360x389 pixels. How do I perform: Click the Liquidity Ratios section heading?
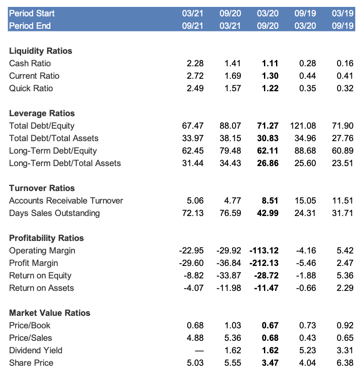point(40,51)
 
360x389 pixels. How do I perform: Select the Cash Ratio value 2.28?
point(195,63)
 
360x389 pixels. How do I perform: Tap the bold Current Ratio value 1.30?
point(270,76)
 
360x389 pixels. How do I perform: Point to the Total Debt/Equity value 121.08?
point(303,126)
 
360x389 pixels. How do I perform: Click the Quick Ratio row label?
point(31,88)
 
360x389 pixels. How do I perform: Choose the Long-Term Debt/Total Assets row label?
point(65,163)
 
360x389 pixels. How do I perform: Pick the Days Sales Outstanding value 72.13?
point(192,213)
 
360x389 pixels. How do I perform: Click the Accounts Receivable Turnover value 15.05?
point(305,201)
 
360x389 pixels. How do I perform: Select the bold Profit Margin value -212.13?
point(264,263)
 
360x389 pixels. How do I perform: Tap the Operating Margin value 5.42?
point(345,250)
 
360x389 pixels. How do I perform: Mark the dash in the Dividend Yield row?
point(199,351)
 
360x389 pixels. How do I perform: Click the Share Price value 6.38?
point(345,363)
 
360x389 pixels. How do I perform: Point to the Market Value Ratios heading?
point(50,313)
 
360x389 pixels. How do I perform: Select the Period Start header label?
point(32,13)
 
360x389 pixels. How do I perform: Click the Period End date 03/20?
point(305,26)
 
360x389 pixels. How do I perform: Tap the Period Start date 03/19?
point(343,13)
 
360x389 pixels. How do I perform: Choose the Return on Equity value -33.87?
point(228,275)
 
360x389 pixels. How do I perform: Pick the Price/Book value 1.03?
point(233,325)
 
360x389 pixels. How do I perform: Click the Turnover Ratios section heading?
point(42,188)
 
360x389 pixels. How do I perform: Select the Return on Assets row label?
point(41,288)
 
